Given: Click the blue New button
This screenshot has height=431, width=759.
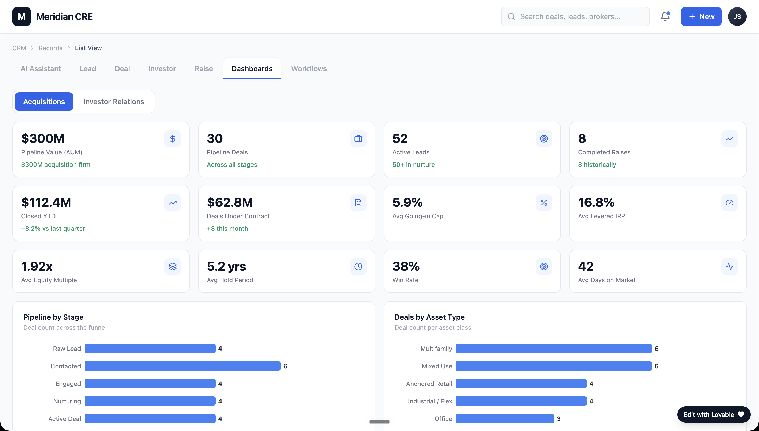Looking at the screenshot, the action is point(701,16).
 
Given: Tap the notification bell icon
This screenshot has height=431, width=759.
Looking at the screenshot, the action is point(665,16).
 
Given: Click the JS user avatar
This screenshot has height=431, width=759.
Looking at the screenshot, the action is point(737,16).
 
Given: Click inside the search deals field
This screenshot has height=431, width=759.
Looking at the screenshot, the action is point(575,16).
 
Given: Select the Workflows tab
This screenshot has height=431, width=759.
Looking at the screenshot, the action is point(309,69).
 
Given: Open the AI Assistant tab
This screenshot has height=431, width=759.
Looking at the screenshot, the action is point(41,69).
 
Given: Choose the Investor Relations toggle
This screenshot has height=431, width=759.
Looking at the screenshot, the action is point(114,102).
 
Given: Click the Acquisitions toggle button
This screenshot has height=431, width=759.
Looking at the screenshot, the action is point(44,102).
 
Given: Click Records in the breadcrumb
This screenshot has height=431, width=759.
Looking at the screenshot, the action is point(50,48).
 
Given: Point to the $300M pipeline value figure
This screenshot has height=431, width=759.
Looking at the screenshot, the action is point(43,138).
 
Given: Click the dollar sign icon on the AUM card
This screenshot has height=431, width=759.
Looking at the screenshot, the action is point(173,138).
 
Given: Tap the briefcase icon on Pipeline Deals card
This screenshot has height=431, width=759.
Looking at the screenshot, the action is point(358,138).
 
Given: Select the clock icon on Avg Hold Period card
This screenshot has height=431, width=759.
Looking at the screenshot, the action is point(358,267).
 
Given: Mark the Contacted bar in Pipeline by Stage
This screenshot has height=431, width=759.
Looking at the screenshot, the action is point(183,366).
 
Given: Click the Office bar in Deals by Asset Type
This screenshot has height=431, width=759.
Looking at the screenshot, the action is point(505,419).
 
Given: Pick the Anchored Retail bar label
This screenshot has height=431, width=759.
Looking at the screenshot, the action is point(429,384).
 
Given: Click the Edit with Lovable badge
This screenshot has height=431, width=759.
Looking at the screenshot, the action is point(714,415).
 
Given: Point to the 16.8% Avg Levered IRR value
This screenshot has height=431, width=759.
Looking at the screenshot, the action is point(596,202).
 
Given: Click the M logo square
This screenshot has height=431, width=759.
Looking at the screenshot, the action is point(22,16).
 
